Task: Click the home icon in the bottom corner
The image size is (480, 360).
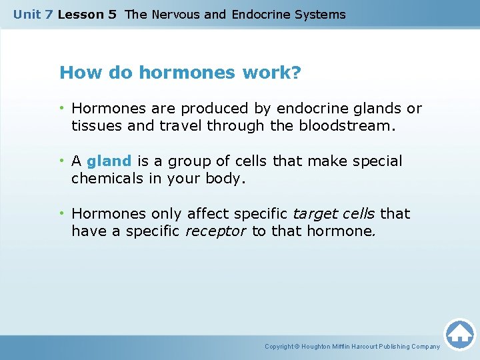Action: coord(460,333)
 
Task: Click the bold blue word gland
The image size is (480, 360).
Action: coord(109,161)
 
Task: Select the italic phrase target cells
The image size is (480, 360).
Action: coord(335,214)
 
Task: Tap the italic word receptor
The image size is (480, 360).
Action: coord(215,231)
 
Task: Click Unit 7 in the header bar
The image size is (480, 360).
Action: coord(33,14)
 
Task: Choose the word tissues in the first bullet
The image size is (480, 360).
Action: coord(94,125)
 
